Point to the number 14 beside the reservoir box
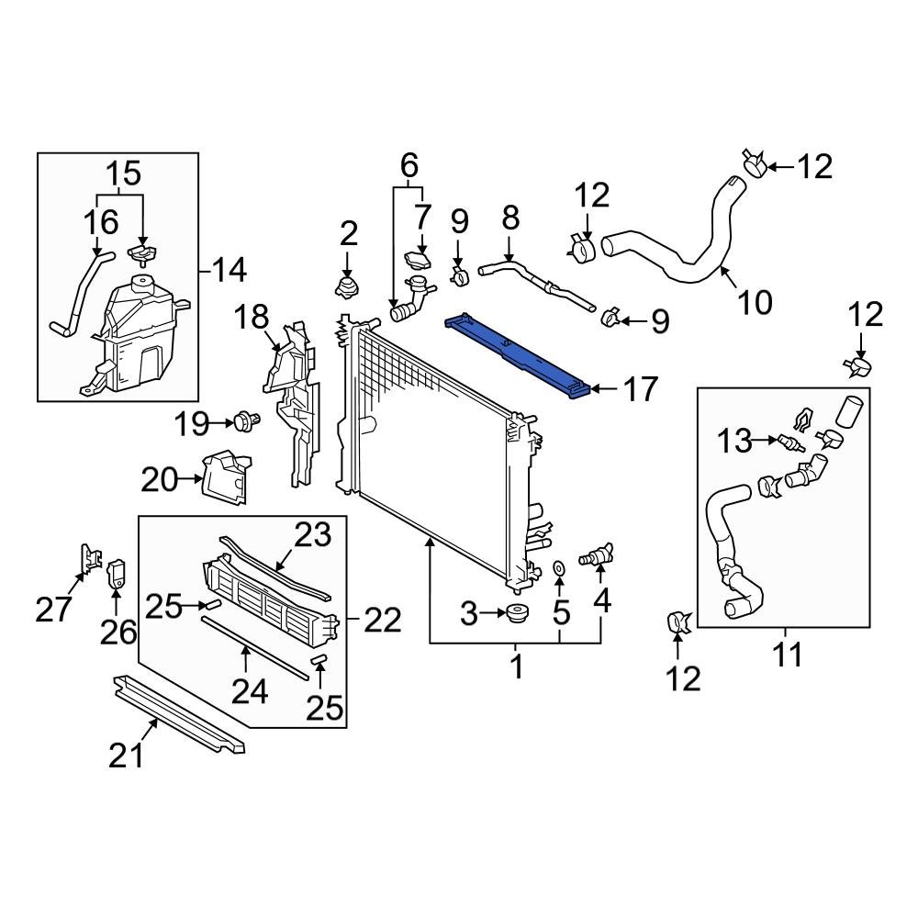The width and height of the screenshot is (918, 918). [229, 270]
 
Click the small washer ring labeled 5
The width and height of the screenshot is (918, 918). [559, 574]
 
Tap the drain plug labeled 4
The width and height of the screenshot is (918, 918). [596, 555]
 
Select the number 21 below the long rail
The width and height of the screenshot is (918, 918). [128, 755]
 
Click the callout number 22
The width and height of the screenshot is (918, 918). [381, 621]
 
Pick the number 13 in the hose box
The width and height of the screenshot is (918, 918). [735, 442]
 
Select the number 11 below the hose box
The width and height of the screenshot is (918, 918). [787, 655]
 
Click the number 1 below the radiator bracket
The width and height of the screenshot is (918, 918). [516, 667]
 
